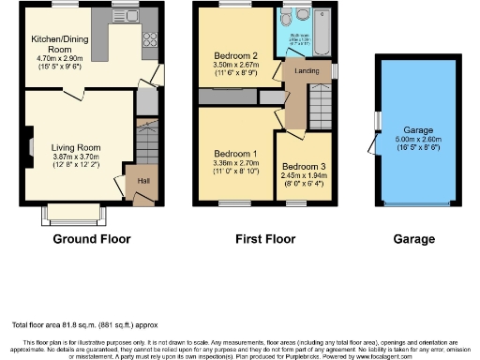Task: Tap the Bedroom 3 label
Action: [x=302, y=166]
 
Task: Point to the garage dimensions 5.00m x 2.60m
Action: [x=419, y=140]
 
